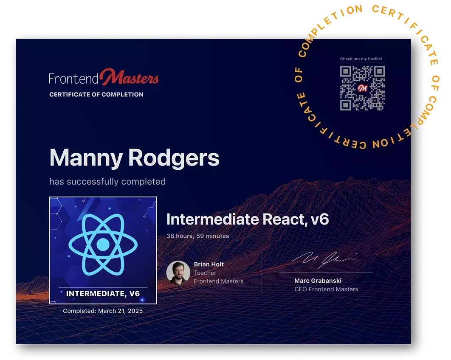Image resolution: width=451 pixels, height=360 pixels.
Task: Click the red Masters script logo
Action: (129, 77)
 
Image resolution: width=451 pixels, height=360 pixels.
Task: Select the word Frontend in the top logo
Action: (73, 79)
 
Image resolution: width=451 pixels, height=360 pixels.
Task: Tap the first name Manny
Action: (86, 158)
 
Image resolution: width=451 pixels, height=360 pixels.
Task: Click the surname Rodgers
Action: (174, 158)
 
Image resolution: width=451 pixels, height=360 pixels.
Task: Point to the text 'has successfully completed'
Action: (107, 181)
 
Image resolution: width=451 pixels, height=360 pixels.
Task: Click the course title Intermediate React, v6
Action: (248, 219)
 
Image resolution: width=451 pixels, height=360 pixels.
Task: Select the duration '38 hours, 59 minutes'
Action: (198, 236)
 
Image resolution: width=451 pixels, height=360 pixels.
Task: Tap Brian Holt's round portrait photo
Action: (178, 273)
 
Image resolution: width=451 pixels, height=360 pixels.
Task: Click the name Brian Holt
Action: (209, 264)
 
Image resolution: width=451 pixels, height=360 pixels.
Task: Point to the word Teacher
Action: (205, 273)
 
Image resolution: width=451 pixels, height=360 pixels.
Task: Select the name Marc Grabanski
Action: (318, 281)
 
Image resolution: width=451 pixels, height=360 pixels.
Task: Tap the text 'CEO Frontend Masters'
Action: (326, 289)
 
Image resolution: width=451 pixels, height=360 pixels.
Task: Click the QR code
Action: (362, 88)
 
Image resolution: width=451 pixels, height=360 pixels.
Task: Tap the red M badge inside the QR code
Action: (362, 88)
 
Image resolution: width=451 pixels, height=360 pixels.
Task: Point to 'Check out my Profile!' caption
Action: (361, 59)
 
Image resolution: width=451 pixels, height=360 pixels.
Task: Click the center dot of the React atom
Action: (103, 245)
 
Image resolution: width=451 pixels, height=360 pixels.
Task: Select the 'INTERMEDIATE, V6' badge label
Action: (103, 294)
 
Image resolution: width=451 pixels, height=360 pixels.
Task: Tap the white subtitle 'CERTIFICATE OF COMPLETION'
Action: (96, 95)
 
